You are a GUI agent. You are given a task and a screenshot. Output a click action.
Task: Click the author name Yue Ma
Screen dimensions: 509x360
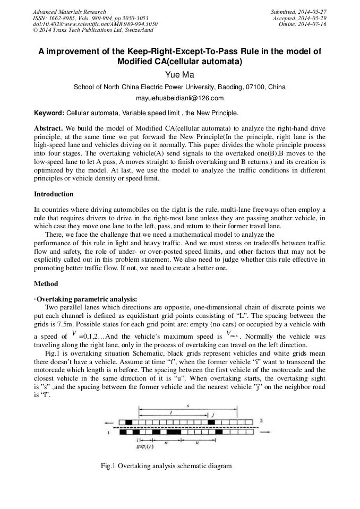pos(180,75)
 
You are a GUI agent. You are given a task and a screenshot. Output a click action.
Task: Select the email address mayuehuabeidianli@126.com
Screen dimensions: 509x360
pos(180,98)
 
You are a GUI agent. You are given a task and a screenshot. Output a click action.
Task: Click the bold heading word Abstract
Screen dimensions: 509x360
pos(48,128)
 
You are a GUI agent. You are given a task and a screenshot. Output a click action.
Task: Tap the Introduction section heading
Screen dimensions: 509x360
pos(54,194)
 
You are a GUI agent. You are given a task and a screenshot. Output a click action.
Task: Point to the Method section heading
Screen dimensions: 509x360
pos(46,283)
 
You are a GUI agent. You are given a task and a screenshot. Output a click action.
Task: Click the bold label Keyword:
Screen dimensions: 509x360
pos(49,113)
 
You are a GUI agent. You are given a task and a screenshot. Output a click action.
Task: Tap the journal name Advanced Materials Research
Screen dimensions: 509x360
pos(69,12)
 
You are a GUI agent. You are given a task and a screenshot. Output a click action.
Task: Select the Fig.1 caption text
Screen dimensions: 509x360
pos(166,466)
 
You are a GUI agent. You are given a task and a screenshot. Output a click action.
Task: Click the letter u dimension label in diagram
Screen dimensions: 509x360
pos(197,441)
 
